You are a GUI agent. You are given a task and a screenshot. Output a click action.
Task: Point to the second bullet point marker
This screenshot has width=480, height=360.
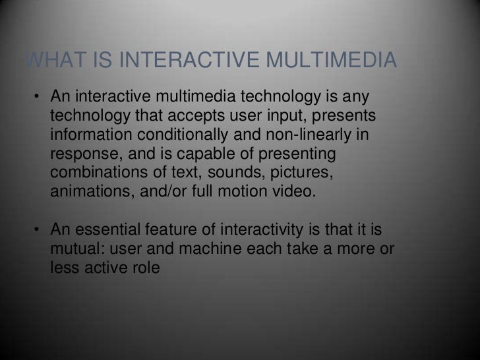click(x=39, y=230)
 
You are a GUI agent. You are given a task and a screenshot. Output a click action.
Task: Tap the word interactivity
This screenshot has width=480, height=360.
click(x=258, y=230)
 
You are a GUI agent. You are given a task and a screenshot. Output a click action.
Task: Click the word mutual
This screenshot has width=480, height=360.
click(x=73, y=249)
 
